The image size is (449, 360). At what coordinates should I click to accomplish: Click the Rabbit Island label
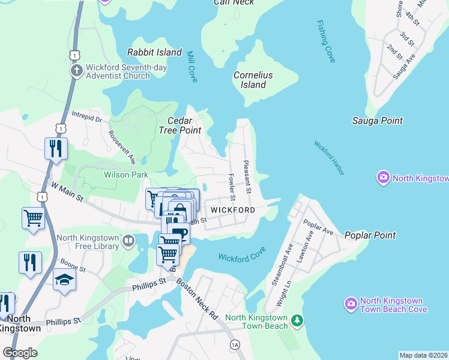coord(155,52)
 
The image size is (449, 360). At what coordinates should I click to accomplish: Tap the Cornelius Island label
coord(253,80)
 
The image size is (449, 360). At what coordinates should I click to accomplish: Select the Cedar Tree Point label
coord(179,125)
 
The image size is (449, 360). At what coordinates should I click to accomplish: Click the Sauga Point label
coord(377,121)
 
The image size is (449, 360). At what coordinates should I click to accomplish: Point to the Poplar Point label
coord(370,236)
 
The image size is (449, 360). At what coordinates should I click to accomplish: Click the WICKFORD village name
coord(232,210)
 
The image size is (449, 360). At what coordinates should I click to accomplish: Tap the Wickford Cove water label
coord(242,257)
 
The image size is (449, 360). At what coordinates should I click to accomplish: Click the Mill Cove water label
coord(191,66)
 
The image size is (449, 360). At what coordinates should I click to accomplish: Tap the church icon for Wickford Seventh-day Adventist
coord(76,71)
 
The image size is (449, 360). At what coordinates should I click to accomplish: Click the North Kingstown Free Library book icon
coord(128,241)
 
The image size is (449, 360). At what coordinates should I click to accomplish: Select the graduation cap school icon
coord(64,280)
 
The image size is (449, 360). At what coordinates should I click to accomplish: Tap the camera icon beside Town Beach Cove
coord(351,305)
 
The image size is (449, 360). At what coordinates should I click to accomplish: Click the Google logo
coord(20,353)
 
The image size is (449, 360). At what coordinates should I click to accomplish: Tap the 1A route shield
coord(235,344)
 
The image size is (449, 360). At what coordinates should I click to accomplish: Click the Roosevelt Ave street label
coord(122,145)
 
